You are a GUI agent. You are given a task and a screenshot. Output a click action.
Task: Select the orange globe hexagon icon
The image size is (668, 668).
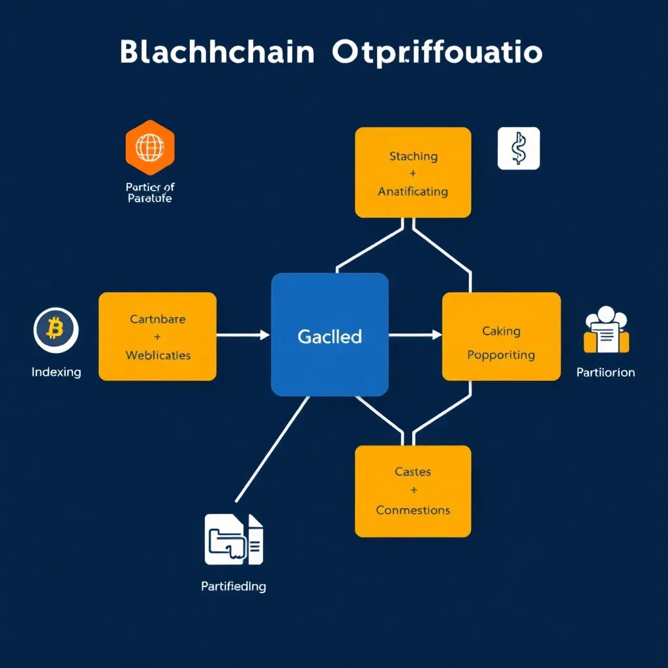pyautogui.click(x=149, y=148)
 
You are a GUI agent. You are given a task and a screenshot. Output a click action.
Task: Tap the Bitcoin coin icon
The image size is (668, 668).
pyautogui.click(x=55, y=330)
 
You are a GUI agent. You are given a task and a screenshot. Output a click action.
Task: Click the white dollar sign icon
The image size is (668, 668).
pyautogui.click(x=519, y=149)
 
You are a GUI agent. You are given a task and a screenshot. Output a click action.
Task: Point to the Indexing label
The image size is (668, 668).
pyautogui.click(x=56, y=372)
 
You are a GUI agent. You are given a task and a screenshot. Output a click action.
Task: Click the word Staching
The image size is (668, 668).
pyautogui.click(x=413, y=157)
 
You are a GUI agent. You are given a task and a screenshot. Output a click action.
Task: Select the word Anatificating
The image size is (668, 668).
pyautogui.click(x=413, y=192)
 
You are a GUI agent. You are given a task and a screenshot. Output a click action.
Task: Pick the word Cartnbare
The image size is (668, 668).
pyautogui.click(x=157, y=320)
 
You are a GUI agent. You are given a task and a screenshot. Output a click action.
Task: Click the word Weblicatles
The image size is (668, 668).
pyautogui.click(x=158, y=356)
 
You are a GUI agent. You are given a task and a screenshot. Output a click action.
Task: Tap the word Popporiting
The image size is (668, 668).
pyautogui.click(x=501, y=356)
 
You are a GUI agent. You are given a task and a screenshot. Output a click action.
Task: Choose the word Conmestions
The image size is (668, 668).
pyautogui.click(x=413, y=510)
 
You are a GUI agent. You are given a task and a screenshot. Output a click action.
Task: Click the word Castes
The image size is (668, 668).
pyautogui.click(x=413, y=472)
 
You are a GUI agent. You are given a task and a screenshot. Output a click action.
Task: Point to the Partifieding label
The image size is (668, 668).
pyautogui.click(x=234, y=586)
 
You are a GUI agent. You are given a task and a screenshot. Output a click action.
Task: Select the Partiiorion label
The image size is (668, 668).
pyautogui.click(x=605, y=372)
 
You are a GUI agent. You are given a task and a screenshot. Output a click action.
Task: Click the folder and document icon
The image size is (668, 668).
pyautogui.click(x=234, y=539)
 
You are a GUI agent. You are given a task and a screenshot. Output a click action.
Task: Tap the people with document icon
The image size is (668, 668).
pyautogui.click(x=606, y=331)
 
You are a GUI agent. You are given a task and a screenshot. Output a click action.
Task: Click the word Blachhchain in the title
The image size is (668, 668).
pyautogui.click(x=218, y=53)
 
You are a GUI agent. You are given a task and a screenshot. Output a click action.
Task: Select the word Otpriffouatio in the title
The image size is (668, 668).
pyautogui.click(x=437, y=53)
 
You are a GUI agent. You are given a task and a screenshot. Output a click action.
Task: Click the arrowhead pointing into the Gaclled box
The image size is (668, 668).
pyautogui.click(x=264, y=335)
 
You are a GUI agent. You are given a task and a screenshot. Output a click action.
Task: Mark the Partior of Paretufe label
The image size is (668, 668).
pyautogui.click(x=150, y=193)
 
